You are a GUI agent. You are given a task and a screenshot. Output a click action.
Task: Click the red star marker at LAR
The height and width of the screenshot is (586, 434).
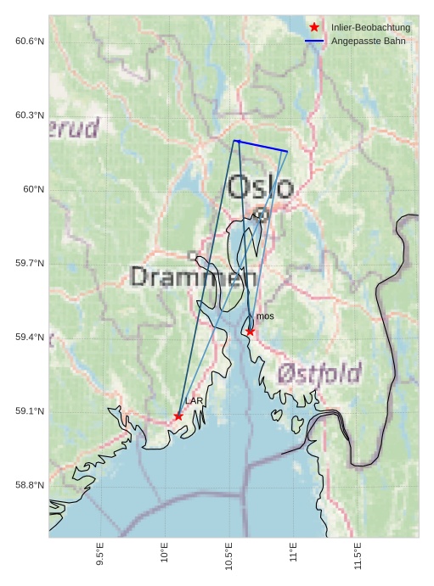[x=178, y=416]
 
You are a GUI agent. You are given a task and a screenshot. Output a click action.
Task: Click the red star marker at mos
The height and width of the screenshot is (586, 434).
[x=250, y=332]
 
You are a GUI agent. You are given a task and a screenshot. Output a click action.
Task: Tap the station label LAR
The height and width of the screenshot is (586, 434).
[x=194, y=400]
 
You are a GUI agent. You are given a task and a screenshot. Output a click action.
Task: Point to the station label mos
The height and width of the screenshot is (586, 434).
[x=265, y=316]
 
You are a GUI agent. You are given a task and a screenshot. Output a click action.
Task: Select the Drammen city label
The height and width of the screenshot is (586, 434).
[x=194, y=276]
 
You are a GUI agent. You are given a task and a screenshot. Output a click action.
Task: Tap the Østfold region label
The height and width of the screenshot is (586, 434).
[x=319, y=372]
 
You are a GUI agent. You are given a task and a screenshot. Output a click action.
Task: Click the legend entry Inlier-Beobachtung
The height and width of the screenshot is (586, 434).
[x=370, y=28]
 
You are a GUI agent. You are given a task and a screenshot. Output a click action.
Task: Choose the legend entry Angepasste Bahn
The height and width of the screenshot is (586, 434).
[x=368, y=41]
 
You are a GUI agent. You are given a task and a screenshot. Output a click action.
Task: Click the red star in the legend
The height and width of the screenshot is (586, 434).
[x=314, y=28]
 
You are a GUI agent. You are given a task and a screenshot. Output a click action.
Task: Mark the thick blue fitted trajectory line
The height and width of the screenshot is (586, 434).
[x=261, y=146]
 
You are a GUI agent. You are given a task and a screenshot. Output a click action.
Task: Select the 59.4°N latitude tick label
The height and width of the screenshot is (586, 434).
[x=30, y=338]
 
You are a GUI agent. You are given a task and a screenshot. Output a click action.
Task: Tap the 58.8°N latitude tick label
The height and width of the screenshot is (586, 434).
[x=30, y=485]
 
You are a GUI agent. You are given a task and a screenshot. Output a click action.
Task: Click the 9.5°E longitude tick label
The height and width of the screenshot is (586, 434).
[x=100, y=555]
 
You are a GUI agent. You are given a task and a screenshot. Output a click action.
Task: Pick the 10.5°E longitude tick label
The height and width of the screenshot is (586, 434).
[x=229, y=555]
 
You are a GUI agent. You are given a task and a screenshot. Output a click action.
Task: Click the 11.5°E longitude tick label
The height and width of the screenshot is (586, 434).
[x=358, y=555]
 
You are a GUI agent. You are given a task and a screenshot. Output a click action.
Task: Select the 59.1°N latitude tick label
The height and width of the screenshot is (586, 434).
[x=30, y=411]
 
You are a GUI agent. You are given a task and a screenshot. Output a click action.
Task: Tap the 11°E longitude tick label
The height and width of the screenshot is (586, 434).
[x=294, y=553]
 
